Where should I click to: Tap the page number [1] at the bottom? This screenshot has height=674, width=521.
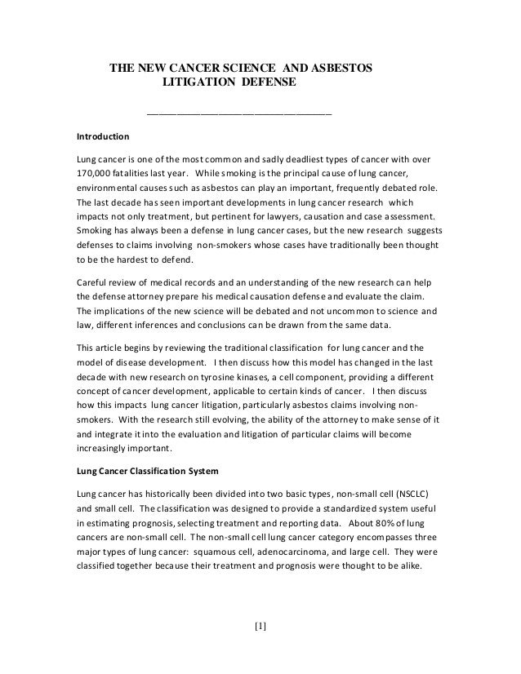click(x=260, y=627)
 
